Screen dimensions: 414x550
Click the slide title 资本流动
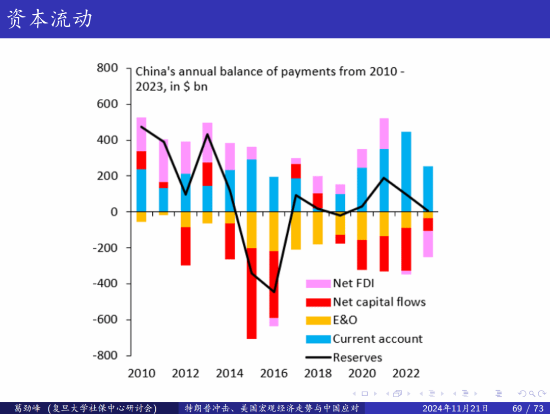click(x=49, y=19)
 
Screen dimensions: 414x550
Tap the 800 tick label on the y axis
click(x=107, y=68)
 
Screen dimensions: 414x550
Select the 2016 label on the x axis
click(x=273, y=374)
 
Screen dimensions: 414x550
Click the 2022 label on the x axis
click(x=406, y=374)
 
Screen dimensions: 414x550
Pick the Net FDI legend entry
click(x=353, y=283)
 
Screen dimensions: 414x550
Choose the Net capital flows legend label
click(x=379, y=302)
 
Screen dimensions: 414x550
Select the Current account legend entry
click(x=377, y=339)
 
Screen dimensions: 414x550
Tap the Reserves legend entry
click(x=358, y=357)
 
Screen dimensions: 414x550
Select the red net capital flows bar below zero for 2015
click(x=252, y=293)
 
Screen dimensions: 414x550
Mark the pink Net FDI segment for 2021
click(x=384, y=133)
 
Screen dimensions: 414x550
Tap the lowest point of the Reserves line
click(x=273, y=292)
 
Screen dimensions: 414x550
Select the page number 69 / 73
click(x=528, y=408)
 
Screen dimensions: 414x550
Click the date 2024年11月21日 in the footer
click(x=456, y=408)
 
